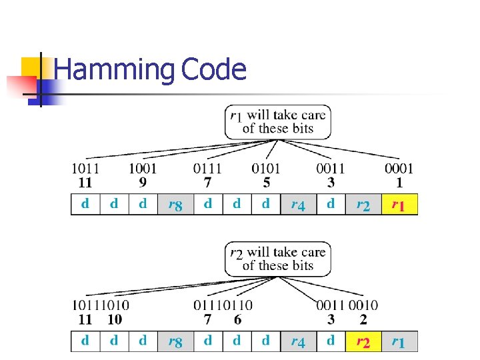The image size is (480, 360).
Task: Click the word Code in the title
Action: coord(213,69)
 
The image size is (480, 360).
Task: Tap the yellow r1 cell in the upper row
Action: coord(399,205)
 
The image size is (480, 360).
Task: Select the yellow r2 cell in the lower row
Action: coord(363,342)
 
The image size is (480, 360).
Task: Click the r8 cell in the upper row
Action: coord(175,205)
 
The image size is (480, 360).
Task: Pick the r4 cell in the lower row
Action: coord(298,342)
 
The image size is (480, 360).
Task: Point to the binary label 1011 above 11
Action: coord(85,169)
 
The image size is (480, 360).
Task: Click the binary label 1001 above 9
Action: coord(143,169)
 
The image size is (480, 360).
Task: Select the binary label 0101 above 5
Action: coord(266,169)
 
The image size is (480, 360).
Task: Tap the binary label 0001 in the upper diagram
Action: coord(399,169)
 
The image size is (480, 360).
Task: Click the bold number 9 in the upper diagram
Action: coord(143,182)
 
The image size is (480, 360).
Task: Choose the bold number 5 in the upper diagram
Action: coord(266,182)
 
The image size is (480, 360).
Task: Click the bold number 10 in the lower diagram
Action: coord(115,319)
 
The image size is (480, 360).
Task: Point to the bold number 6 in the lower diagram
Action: coord(237,319)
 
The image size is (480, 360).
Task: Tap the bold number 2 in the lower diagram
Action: coord(363,319)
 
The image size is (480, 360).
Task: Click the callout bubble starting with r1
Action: coord(277,122)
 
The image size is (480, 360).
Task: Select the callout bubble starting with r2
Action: coord(277,259)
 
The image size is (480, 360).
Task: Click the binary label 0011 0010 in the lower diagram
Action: coord(347,305)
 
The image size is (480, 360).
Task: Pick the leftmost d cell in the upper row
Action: coord(85,205)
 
